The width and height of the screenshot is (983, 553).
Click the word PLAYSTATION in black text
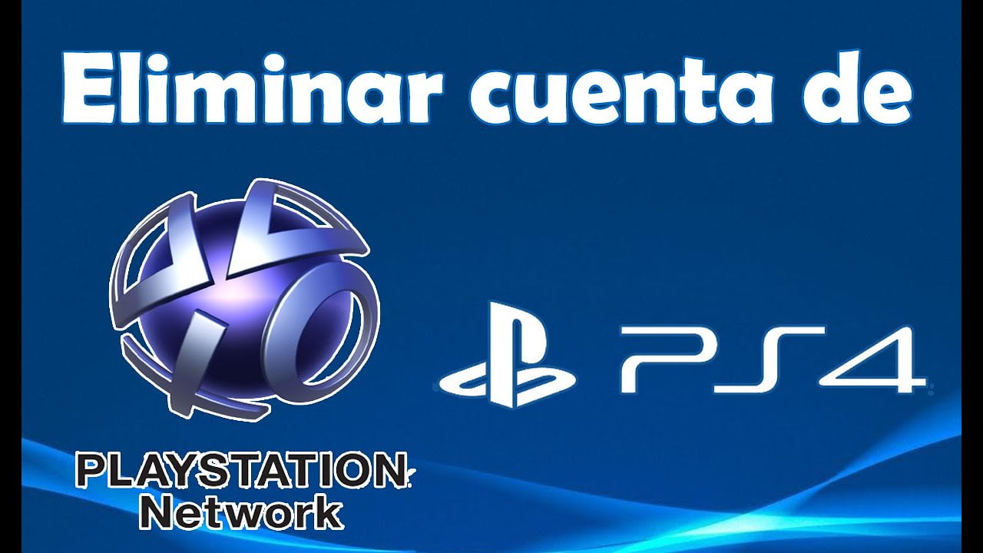[x=242, y=472]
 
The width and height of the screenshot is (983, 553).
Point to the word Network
[x=242, y=512]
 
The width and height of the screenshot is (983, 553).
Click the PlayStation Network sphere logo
[x=244, y=299]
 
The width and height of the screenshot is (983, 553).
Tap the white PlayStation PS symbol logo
[x=508, y=354]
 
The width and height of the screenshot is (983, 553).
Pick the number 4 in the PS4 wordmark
[x=873, y=359]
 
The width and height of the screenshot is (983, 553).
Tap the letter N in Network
[x=158, y=512]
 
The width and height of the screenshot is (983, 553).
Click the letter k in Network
[x=328, y=512]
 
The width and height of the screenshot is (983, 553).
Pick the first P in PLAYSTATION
[x=91, y=472]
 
